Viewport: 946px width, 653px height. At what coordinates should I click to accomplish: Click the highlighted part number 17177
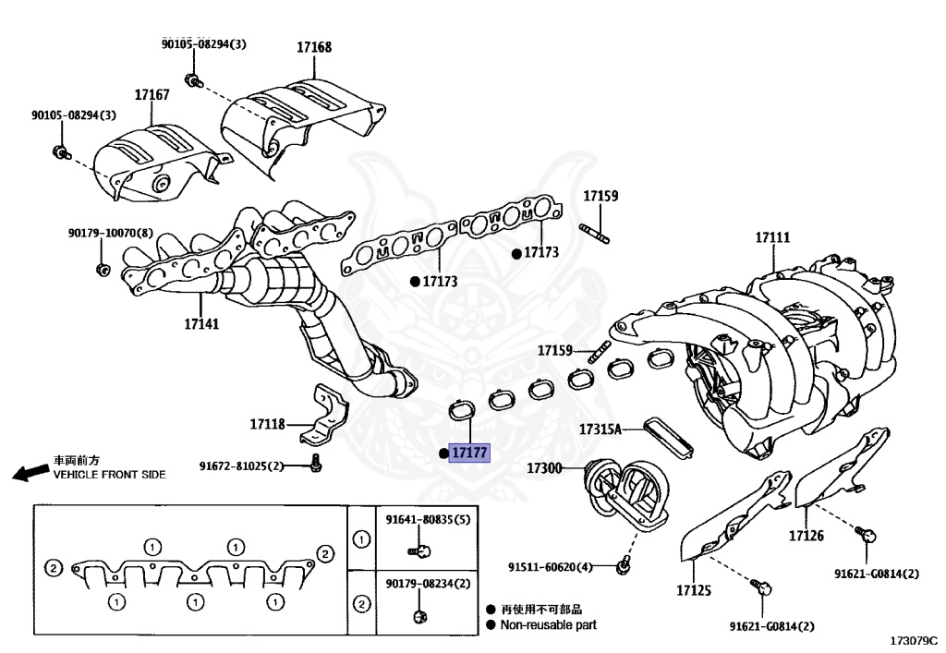[x=469, y=453]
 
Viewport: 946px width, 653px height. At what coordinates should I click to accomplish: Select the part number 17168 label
[x=314, y=47]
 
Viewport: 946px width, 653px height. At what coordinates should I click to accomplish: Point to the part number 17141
[x=201, y=324]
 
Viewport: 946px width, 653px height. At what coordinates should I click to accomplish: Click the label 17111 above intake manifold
[x=772, y=237]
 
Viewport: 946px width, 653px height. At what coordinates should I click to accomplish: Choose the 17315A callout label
[x=600, y=429]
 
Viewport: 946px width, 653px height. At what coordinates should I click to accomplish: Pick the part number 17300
[x=544, y=468]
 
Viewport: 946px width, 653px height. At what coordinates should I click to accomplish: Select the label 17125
[x=697, y=589]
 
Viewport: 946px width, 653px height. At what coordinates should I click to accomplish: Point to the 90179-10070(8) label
[x=110, y=235]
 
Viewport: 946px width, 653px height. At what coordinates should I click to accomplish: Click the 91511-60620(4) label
[x=550, y=566]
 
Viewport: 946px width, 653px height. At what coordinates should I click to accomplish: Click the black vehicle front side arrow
[x=31, y=473]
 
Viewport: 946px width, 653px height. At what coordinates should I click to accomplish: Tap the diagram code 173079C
[x=913, y=639]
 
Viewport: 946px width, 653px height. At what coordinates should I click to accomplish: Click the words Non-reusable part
[x=548, y=624]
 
